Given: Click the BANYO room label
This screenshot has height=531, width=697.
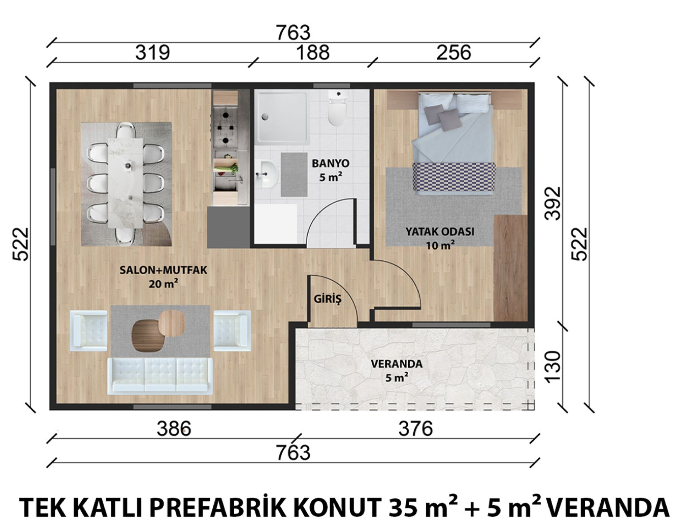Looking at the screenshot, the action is (x=330, y=163).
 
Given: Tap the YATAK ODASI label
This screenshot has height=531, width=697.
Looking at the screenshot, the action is (x=440, y=231).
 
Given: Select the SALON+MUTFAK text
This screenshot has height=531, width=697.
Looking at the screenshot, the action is (x=163, y=270).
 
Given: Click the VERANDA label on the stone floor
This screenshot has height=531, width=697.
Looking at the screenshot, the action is (x=396, y=364).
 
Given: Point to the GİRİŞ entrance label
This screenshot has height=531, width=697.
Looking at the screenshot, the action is (x=327, y=299).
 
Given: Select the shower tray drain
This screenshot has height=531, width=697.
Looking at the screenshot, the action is (x=265, y=117).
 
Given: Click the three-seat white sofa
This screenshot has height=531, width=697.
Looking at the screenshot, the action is (x=160, y=376).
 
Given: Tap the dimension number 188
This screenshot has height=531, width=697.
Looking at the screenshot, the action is (x=313, y=52).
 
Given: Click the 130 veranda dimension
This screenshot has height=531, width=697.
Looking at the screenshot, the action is (x=552, y=367).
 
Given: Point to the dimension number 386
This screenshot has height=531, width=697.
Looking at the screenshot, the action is (x=174, y=428).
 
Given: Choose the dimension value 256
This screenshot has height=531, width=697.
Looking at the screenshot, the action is (x=454, y=52).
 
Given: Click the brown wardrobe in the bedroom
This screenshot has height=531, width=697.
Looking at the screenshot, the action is (x=510, y=268).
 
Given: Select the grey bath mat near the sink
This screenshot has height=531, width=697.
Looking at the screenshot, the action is (x=294, y=175).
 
